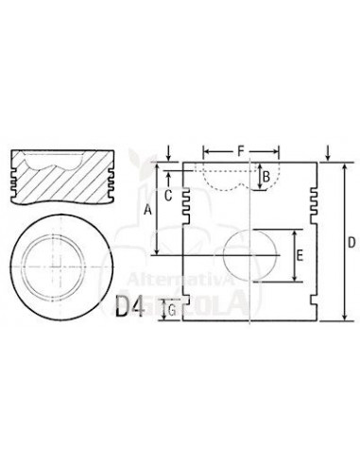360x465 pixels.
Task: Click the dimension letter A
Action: pos(147,213)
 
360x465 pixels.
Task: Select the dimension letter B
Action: pos(266,176)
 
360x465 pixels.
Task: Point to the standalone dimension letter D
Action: pos(350,243)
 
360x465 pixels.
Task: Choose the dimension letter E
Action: pos(299,256)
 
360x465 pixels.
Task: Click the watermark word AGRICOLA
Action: pos(203,301)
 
